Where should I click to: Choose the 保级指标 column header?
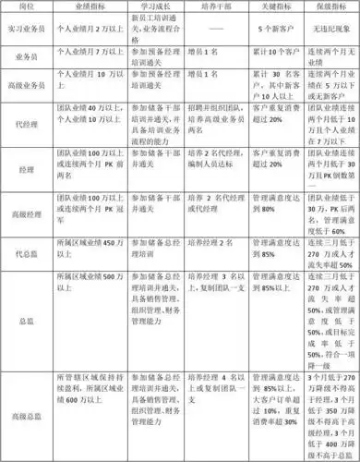pos(331,6)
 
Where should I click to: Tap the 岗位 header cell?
pos(27,6)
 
